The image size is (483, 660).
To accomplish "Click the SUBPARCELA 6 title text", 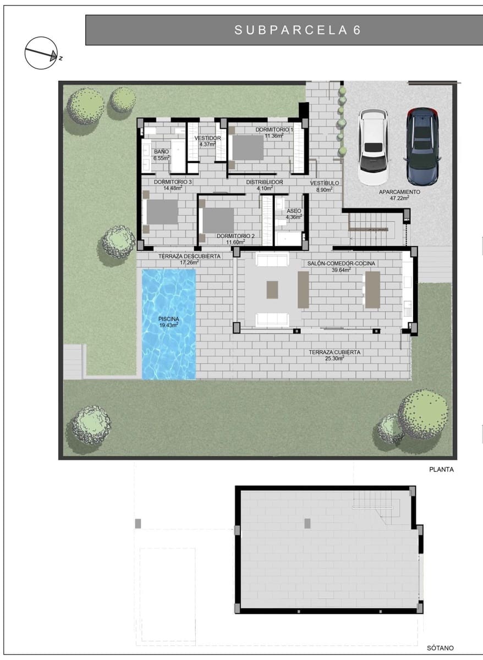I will [x=297, y=30].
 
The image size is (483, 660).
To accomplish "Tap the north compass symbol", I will [x=41, y=53].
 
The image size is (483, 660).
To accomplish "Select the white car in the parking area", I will [x=373, y=147].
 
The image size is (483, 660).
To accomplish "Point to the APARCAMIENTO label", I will [x=399, y=192].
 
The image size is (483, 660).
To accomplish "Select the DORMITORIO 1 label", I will [x=273, y=130].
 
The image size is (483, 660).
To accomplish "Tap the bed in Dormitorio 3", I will [x=161, y=212].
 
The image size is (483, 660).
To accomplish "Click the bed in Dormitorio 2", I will [x=219, y=220].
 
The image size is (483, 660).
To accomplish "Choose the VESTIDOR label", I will [x=208, y=138].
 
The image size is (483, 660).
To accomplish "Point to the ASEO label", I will [x=294, y=211].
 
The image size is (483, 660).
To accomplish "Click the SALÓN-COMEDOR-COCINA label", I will [x=342, y=263].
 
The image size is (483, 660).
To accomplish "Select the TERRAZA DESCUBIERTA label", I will [x=189, y=256].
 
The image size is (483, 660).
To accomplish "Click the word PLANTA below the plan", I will [x=441, y=470].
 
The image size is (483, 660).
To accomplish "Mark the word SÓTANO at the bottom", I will [x=440, y=648].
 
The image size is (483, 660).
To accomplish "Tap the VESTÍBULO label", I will [x=325, y=183].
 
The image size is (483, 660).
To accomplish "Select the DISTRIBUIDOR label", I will [x=264, y=182].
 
